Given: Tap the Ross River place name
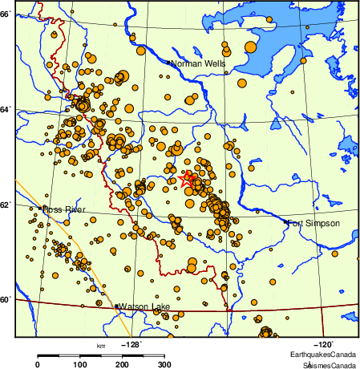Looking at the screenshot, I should click(64, 209).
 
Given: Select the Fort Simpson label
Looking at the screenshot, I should click(314, 223).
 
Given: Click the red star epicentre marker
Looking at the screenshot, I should click(188, 180).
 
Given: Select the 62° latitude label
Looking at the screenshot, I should click(6, 205).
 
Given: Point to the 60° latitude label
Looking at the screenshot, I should click(6, 300).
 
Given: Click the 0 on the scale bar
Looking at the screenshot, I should click(38, 365).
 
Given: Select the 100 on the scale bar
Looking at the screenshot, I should click(80, 365).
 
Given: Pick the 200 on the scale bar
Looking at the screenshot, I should click(122, 365).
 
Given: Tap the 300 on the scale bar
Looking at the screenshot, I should click(164, 365).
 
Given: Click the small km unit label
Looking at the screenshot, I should click(101, 346).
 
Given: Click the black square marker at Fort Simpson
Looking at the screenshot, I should click(286, 222).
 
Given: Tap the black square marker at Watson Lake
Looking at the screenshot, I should click(116, 306).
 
